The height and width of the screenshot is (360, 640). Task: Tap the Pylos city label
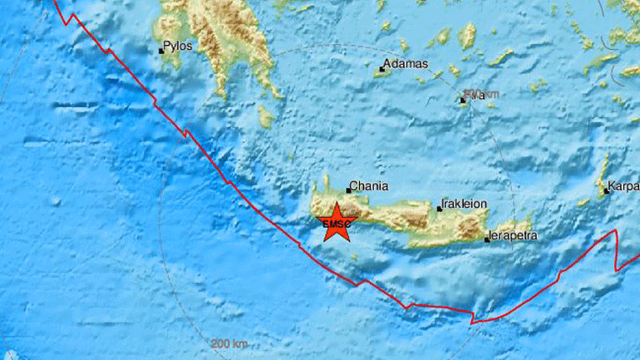[178, 46]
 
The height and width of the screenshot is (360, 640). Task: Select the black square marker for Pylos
[161, 52]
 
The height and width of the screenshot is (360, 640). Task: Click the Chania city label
[369, 187]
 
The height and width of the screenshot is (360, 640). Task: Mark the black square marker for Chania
[348, 190]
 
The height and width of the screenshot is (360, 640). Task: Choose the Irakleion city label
[465, 204]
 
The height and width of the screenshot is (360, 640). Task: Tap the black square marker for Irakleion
[440, 209]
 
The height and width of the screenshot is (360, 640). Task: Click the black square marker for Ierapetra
[487, 239]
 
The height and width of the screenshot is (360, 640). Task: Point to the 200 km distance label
[229, 344]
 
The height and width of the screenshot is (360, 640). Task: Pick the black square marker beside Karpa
[604, 191]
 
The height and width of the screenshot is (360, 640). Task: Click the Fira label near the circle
[475, 96]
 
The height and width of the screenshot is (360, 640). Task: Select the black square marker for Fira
[463, 101]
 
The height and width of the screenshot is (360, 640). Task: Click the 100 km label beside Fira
[490, 95]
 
